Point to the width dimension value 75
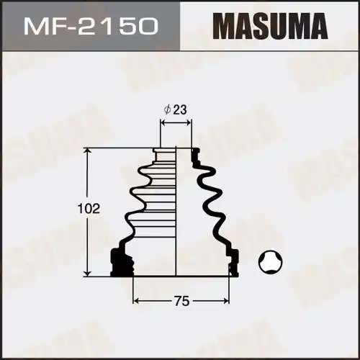click(x=181, y=302)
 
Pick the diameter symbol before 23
click(x=168, y=110)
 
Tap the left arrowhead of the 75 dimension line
click(x=136, y=302)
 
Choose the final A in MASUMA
click(x=312, y=27)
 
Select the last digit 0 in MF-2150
click(x=150, y=27)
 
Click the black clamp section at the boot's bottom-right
click(x=232, y=263)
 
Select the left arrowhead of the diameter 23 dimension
click(x=162, y=123)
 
